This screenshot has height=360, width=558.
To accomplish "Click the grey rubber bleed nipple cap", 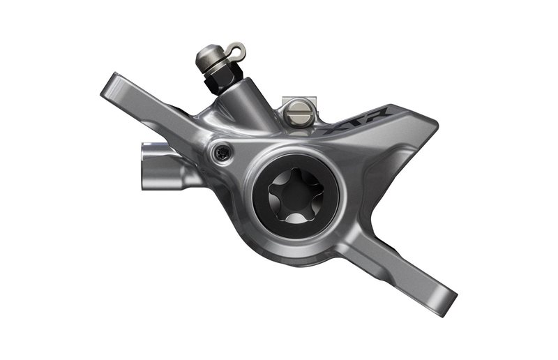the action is tap(210, 57).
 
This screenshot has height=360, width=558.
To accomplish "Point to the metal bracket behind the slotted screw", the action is tap(299, 100).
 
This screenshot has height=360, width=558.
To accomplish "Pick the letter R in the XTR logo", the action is tap(380, 114).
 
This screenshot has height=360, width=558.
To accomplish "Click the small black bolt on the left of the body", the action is tap(221, 153).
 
